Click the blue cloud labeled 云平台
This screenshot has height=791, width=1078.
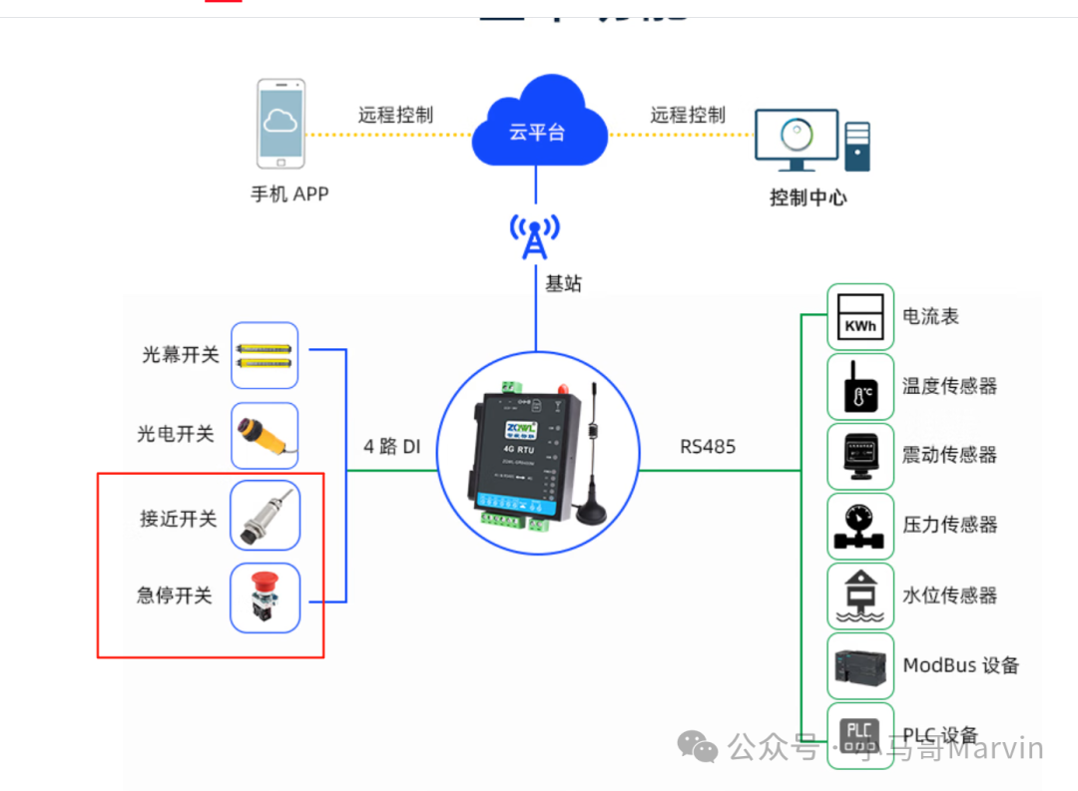[x=538, y=126]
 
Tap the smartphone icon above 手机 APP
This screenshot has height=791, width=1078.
[x=280, y=124]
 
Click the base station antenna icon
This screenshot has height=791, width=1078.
[x=535, y=236]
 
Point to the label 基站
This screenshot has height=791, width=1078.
[x=563, y=284]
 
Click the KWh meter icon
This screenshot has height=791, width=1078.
[x=860, y=317]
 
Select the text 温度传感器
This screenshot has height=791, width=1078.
[x=949, y=386]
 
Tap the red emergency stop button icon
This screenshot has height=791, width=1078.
[x=265, y=596]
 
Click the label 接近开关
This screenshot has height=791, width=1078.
[x=178, y=519]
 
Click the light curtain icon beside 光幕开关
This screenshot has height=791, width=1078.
[x=265, y=355]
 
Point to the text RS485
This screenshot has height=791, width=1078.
[x=708, y=447]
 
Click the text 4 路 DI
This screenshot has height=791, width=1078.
[x=391, y=447]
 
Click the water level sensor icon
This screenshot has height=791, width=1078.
[x=860, y=595]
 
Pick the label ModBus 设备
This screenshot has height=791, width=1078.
[x=961, y=665]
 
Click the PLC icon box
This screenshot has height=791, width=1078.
[x=860, y=735]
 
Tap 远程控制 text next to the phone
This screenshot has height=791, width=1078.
[x=395, y=116]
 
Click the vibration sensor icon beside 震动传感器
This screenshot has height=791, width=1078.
[x=860, y=456]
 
